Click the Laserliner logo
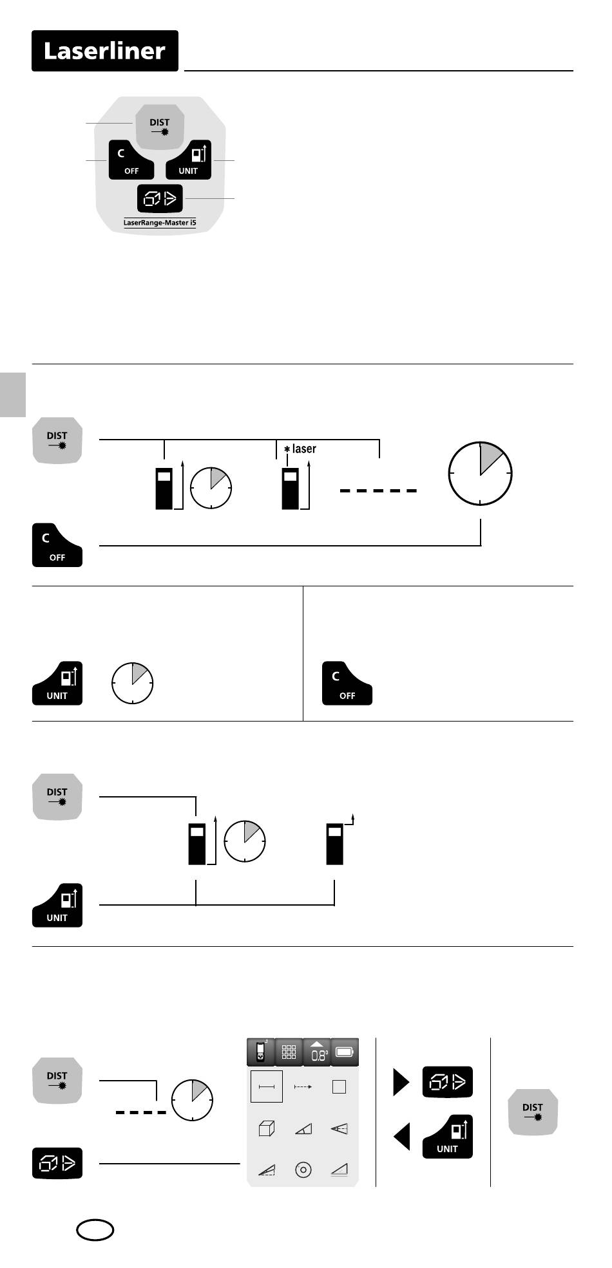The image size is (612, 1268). point(105,51)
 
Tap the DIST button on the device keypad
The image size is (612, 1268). point(160,126)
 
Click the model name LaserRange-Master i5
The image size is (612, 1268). point(160,223)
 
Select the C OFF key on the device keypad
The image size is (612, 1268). point(131,161)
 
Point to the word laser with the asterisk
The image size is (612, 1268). point(301,449)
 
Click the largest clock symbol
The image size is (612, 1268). point(480,474)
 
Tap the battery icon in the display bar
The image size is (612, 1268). point(345,1052)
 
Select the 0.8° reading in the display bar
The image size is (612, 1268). point(317,1053)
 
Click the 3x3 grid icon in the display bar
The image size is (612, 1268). point(289,1052)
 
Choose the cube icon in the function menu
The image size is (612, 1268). point(266,1128)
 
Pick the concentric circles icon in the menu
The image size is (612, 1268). point(303,1169)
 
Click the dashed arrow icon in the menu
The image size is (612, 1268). point(303,1086)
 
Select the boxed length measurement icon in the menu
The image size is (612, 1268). point(266,1086)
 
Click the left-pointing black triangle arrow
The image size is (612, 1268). point(402,1136)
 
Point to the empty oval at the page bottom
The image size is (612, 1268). point(95,1230)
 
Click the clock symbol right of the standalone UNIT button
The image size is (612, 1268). point(133,682)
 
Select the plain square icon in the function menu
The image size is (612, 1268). point(339,1086)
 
